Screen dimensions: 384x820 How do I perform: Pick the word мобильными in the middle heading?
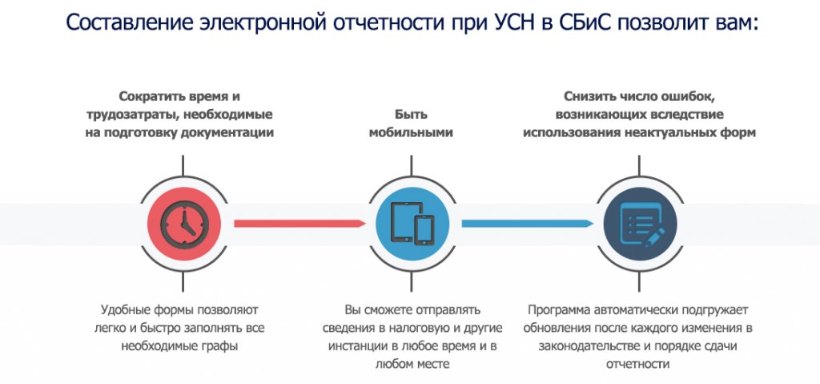click(x=411, y=132)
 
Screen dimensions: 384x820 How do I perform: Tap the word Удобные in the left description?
click(x=127, y=309)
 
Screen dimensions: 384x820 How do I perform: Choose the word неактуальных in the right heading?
click(x=670, y=132)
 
